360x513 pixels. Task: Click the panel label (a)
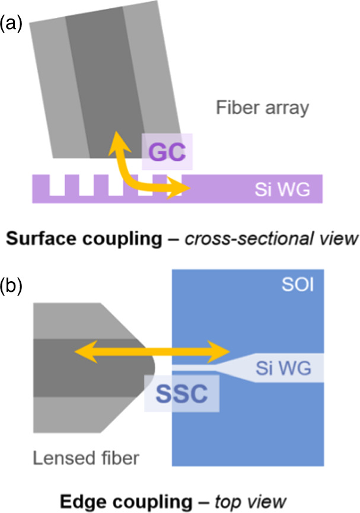11,24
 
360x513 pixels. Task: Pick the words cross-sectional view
275,238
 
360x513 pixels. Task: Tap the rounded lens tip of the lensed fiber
151,362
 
